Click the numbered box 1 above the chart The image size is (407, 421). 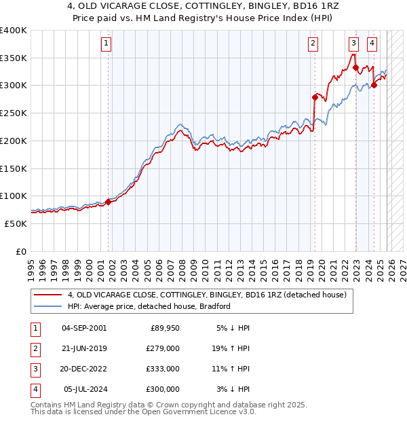(x=107, y=44)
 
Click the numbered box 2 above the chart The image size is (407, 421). (x=313, y=44)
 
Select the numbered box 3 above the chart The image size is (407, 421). (x=353, y=44)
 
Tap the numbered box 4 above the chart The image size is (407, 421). (x=372, y=44)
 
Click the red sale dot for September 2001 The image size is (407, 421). (x=108, y=202)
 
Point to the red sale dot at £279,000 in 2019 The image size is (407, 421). (x=315, y=97)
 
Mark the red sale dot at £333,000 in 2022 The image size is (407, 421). (x=355, y=67)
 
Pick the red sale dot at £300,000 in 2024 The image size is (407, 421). (x=374, y=86)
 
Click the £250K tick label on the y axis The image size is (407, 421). (x=14, y=113)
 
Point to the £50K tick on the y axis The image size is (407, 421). (x=16, y=223)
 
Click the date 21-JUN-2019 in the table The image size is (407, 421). (x=84, y=348)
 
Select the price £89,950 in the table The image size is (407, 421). (x=163, y=328)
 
